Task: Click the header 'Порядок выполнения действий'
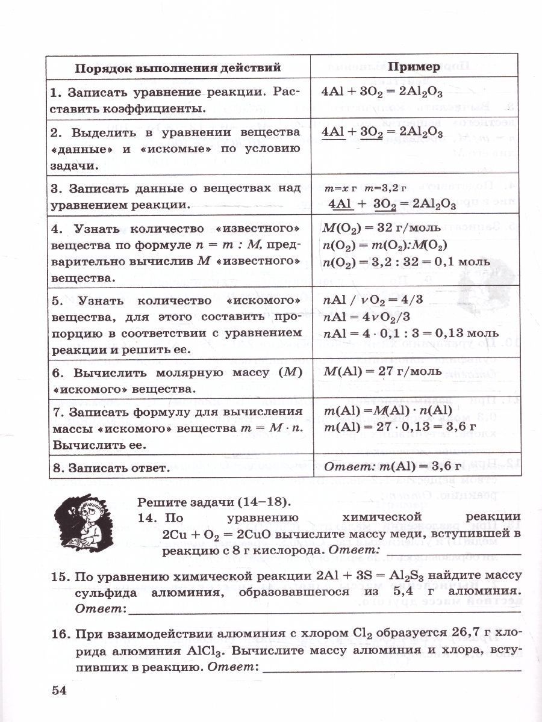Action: [x=178, y=67]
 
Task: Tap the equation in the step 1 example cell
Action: [x=382, y=94]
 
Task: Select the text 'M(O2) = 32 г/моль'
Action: [x=382, y=229]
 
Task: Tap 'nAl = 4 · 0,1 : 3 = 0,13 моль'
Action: [x=411, y=333]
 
